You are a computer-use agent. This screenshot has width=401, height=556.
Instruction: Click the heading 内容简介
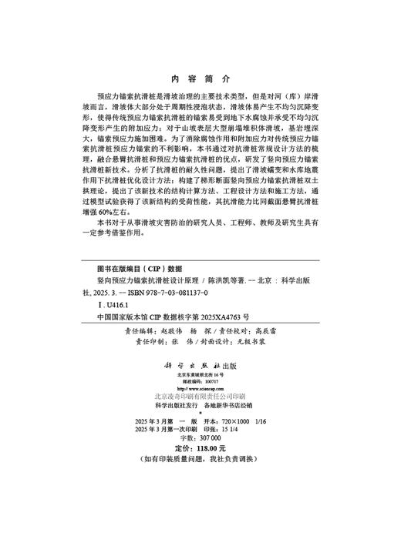pos(200,79)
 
